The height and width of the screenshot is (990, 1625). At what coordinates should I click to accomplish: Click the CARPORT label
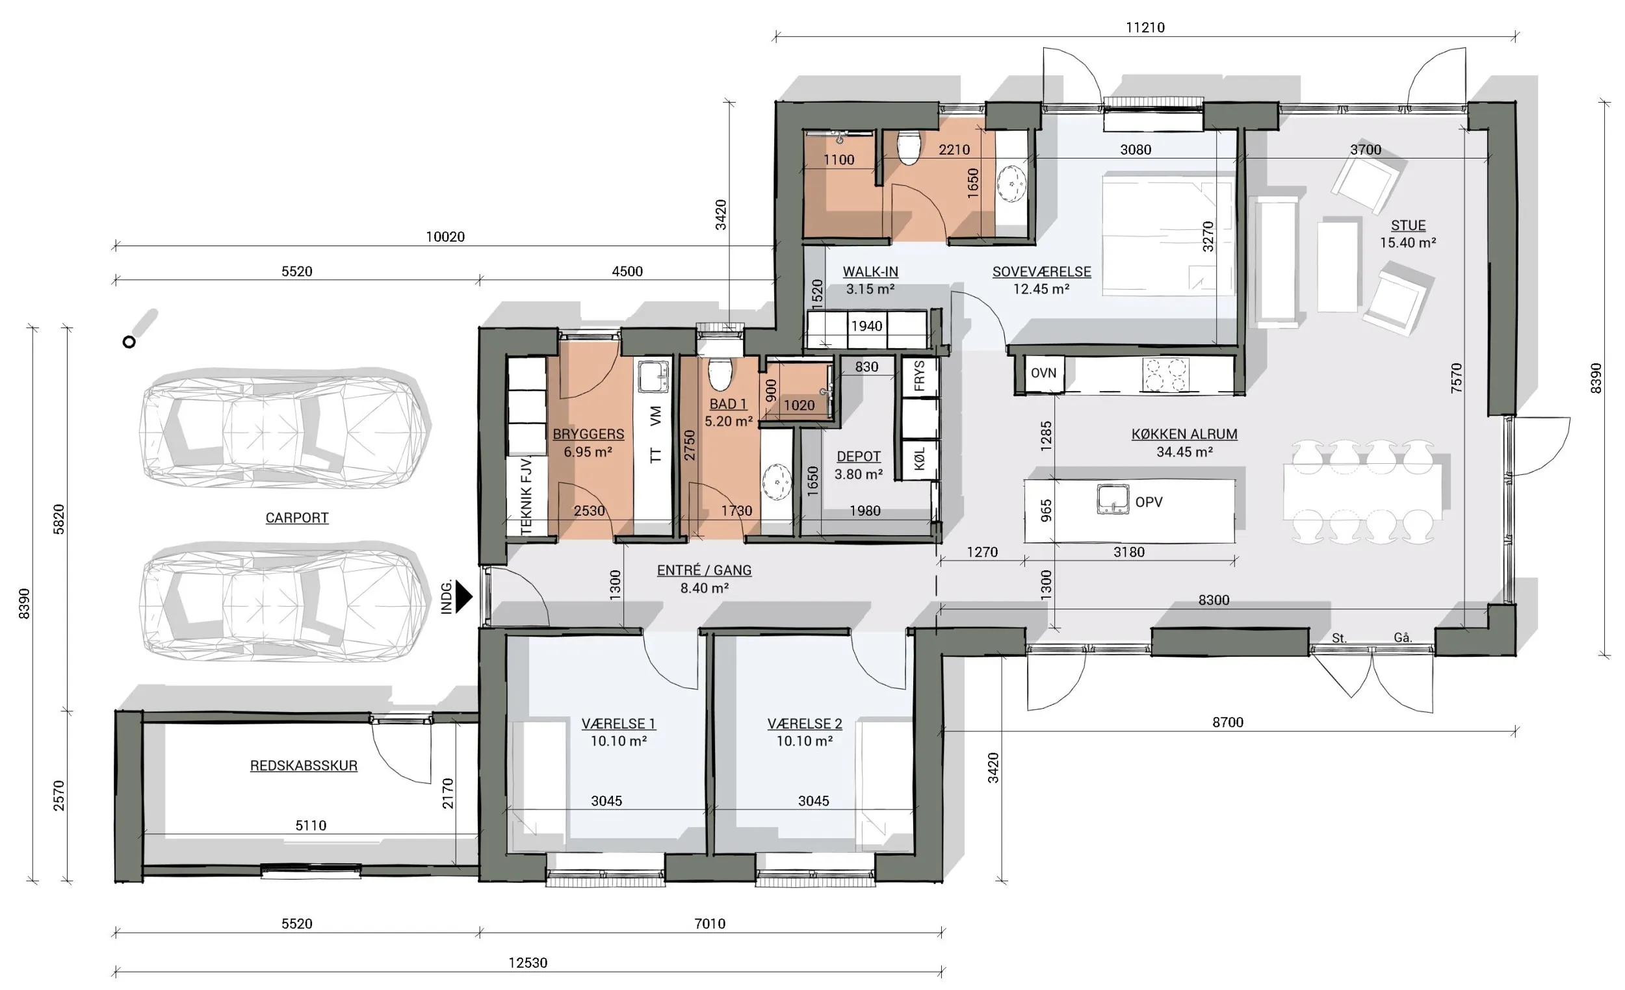(x=297, y=518)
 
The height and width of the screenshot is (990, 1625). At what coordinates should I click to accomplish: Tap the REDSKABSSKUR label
(x=304, y=766)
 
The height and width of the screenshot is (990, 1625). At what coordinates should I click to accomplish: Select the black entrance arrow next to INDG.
(x=464, y=596)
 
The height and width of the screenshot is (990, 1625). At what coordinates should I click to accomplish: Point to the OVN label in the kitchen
(x=1043, y=373)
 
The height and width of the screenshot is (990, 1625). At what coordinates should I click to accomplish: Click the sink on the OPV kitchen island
(x=1113, y=499)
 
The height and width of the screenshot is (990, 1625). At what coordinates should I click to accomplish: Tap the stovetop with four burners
(x=1166, y=374)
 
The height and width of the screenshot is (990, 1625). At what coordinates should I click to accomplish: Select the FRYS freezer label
(x=919, y=375)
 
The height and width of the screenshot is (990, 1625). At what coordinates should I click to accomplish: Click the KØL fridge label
(x=919, y=458)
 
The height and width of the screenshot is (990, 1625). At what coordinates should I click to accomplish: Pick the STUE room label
(x=1408, y=225)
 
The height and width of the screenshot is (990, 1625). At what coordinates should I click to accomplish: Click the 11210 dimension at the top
(x=1145, y=28)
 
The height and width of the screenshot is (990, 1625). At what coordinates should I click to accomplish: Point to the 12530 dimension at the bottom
(x=528, y=963)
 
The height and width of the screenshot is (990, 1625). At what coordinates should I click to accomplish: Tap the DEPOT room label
(x=859, y=457)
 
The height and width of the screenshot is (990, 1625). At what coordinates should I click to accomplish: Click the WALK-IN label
(x=870, y=272)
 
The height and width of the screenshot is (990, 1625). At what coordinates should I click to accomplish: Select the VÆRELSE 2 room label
(x=805, y=724)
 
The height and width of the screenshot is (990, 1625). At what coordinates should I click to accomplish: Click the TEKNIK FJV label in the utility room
(x=526, y=496)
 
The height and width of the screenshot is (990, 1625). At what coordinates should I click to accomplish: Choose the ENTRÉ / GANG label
(x=705, y=570)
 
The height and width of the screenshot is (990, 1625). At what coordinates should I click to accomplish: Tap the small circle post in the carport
(x=129, y=342)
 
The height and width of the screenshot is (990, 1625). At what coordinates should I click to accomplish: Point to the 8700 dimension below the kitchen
(x=1228, y=722)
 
